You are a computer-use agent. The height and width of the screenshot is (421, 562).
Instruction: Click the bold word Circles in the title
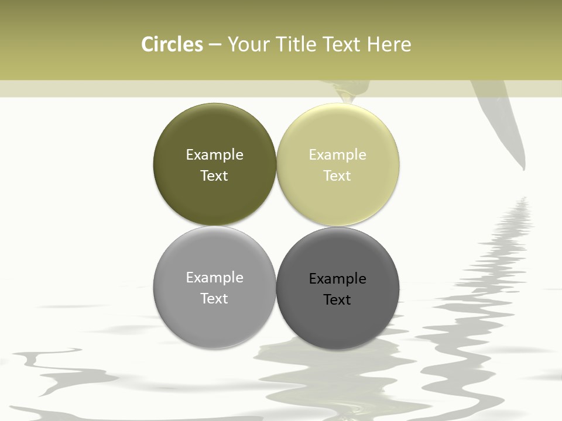[x=172, y=44]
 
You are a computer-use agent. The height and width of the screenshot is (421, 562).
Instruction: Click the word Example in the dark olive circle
[x=214, y=154]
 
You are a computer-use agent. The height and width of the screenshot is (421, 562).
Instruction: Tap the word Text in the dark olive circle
[x=214, y=175]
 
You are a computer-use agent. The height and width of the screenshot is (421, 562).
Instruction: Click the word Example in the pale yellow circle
[x=338, y=154]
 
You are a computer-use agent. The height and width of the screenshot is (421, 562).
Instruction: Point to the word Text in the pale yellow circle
[x=338, y=175]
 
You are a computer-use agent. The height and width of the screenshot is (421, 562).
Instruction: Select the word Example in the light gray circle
[x=214, y=277]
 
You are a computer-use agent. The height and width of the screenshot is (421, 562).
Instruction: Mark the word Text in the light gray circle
[x=214, y=298]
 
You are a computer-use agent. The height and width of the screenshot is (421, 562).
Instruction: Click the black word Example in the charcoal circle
[x=338, y=278]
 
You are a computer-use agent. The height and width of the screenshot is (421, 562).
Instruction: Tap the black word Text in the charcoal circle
[x=338, y=299]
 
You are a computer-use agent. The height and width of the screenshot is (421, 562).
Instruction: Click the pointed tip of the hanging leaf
[x=523, y=169]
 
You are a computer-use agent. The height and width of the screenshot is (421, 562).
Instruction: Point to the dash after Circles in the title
[x=214, y=44]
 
